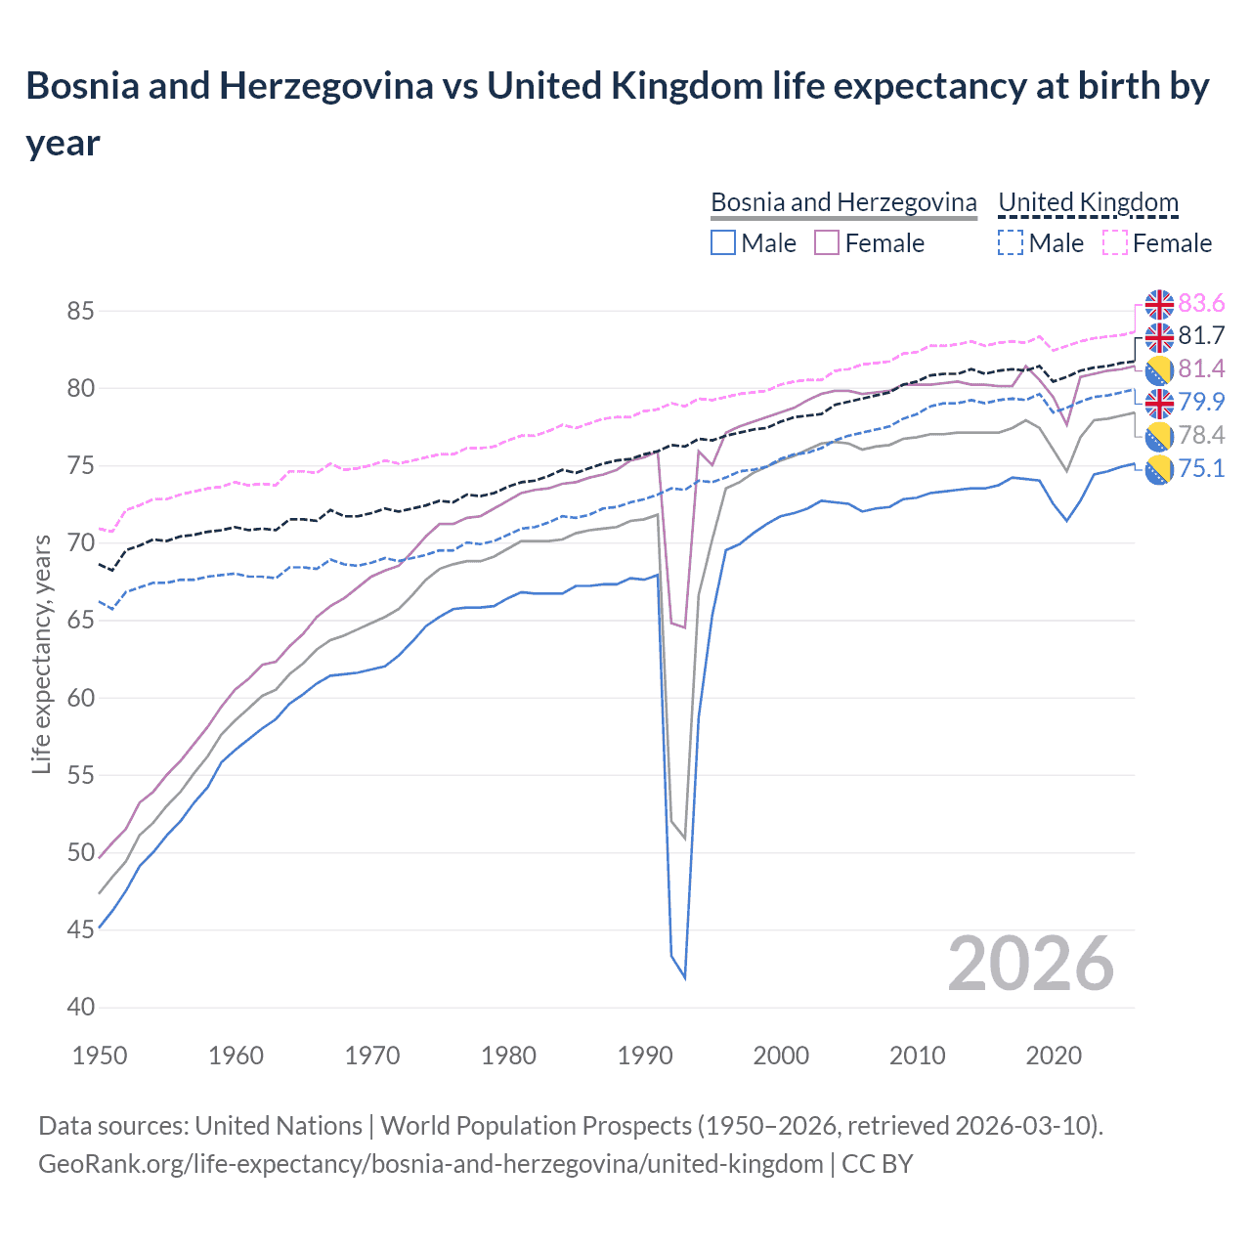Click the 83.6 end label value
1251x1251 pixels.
coord(1201,303)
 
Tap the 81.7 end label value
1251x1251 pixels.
coord(1201,336)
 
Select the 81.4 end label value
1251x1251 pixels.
coord(1201,369)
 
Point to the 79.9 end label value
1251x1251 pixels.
coord(1201,403)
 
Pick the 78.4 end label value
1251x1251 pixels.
coord(1201,436)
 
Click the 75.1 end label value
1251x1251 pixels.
coord(1201,469)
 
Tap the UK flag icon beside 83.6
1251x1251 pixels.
coord(1159,304)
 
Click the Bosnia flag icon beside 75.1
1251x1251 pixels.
coord(1159,469)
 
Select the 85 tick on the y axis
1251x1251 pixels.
coord(80,312)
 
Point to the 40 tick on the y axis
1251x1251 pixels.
coord(80,1008)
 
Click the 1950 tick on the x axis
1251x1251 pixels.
coord(100,1056)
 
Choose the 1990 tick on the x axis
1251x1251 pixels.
coord(645,1056)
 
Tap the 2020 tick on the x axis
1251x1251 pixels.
coord(1054,1056)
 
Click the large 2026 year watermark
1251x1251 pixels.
coord(1030,964)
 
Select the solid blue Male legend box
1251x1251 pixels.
coord(723,243)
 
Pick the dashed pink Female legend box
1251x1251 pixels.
coord(1114,243)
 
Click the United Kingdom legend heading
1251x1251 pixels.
coord(1088,202)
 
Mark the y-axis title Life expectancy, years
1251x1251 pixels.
coord(41,654)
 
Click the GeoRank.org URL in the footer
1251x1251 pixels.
coord(430,1164)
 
